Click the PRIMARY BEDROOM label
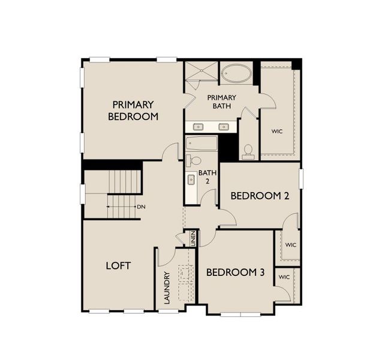click(133, 110)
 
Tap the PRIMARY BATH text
click(222, 102)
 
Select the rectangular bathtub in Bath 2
click(201, 145)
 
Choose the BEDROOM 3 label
click(235, 272)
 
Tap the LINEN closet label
click(193, 239)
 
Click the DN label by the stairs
click(142, 207)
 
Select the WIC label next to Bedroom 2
click(291, 245)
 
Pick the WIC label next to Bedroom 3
click(284, 277)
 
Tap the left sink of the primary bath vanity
click(198, 126)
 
